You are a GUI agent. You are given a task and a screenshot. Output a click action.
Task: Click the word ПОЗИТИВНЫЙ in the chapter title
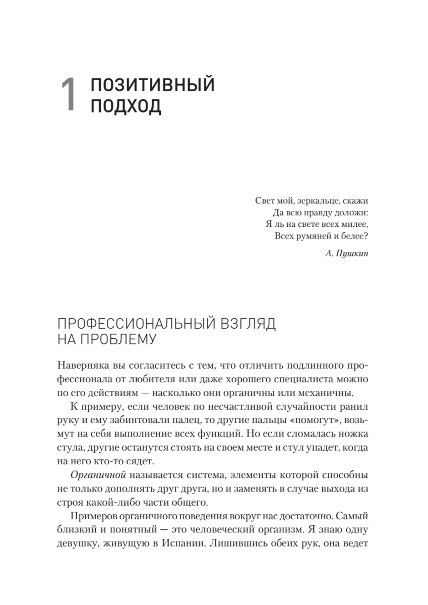click(152, 86)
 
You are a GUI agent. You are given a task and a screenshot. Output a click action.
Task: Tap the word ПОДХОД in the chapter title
click(126, 107)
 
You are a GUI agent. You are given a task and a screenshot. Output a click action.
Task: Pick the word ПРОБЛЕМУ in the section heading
click(117, 340)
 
